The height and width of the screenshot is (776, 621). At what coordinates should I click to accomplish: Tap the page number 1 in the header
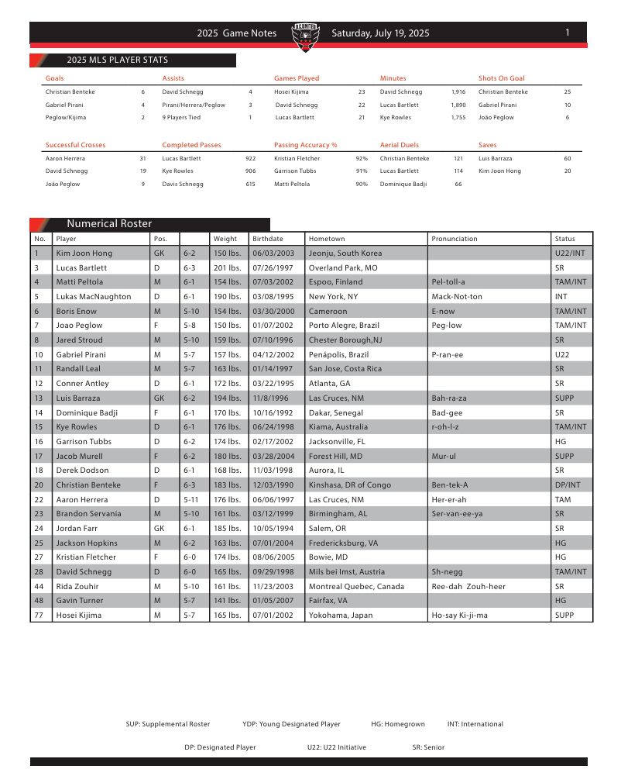coord(568,33)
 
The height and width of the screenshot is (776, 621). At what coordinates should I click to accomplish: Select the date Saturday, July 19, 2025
coord(380,33)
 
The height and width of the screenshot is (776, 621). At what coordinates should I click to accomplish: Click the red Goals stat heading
coord(55,78)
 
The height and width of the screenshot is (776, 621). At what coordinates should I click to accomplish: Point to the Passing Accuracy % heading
coord(305,145)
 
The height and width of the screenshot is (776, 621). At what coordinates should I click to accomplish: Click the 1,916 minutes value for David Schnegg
coord(458,91)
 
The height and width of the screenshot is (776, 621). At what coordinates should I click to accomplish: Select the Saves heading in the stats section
coord(488,145)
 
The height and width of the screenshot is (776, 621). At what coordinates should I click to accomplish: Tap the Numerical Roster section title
coord(109,224)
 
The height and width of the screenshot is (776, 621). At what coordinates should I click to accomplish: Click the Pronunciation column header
coord(455,239)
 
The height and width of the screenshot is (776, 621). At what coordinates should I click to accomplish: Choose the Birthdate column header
coord(268,239)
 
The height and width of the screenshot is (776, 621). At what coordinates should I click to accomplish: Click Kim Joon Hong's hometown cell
coord(345,253)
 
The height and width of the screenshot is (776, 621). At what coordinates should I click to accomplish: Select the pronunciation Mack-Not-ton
coord(457,297)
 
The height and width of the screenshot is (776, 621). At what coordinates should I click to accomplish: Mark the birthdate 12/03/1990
coord(270,485)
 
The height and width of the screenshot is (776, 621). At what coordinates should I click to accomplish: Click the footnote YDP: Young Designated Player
coord(291,724)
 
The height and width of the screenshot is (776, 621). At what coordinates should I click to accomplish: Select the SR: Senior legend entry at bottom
coord(428,747)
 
